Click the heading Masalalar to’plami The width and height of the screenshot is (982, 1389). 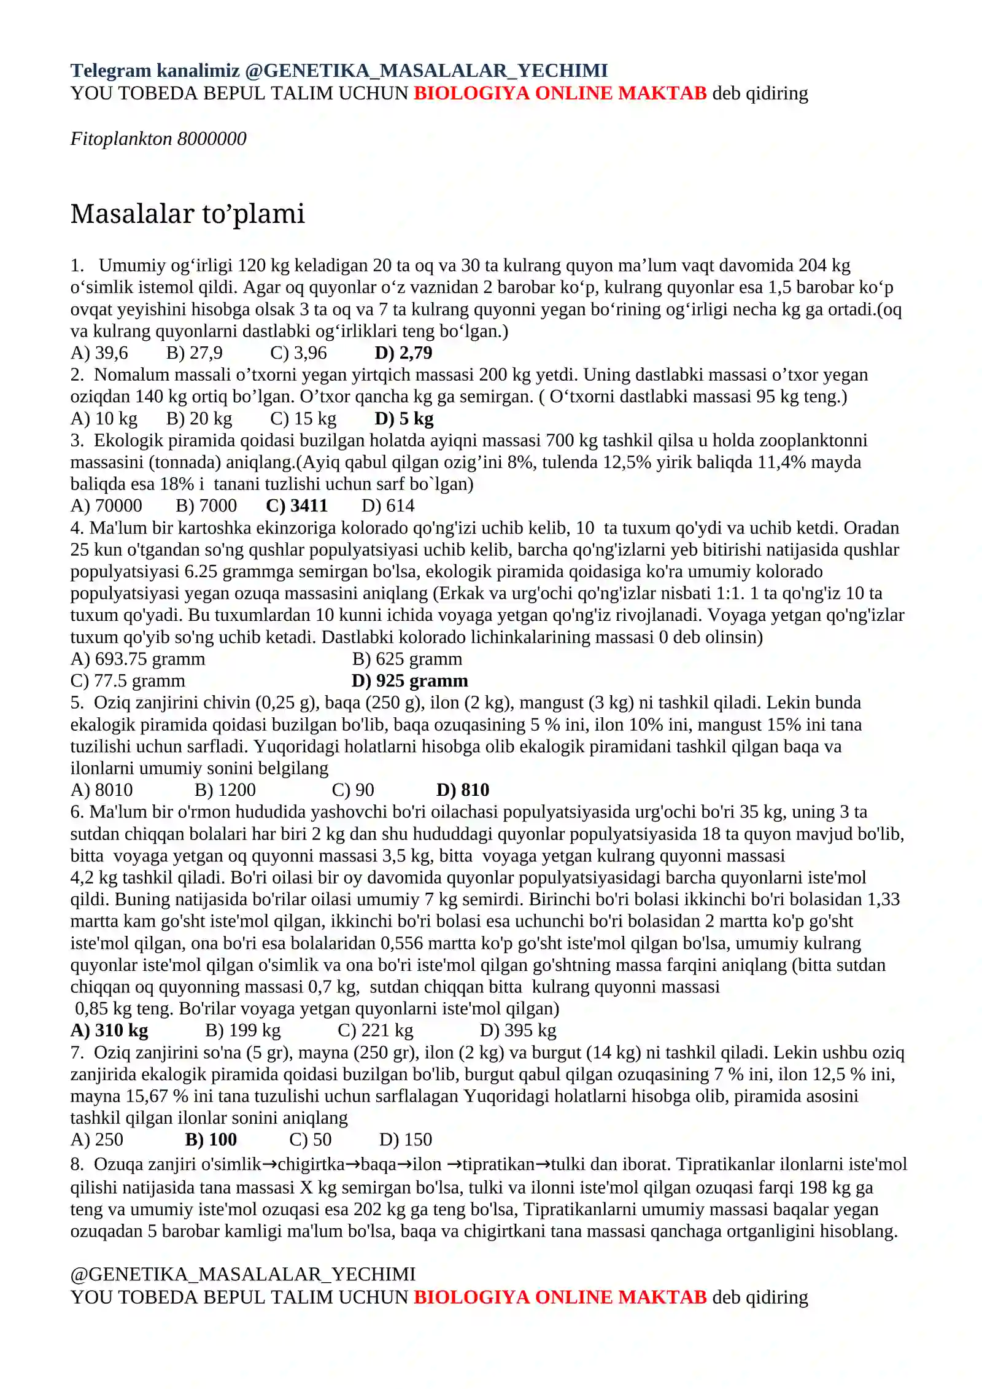point(187,214)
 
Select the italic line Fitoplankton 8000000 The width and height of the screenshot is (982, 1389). point(158,139)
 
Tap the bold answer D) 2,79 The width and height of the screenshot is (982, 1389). point(403,353)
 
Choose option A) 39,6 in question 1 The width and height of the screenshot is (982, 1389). point(99,353)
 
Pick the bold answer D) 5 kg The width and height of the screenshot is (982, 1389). point(404,419)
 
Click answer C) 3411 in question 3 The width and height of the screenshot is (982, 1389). point(296,506)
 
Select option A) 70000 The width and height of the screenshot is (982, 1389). point(106,506)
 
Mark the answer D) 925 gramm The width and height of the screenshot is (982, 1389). point(409,681)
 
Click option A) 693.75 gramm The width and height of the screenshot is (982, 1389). point(137,659)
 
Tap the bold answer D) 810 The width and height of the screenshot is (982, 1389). point(463,790)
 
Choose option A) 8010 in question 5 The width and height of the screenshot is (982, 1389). point(101,790)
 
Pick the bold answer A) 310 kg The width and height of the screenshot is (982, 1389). point(109,1030)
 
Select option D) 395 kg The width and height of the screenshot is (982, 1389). point(518,1030)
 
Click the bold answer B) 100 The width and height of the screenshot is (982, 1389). point(211,1140)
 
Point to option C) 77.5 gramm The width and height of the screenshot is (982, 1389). point(128,681)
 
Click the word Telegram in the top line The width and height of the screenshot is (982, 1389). point(110,71)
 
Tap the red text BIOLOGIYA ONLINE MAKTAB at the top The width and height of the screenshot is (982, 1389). point(560,93)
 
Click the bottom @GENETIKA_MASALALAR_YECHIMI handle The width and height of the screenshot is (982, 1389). point(243,1274)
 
